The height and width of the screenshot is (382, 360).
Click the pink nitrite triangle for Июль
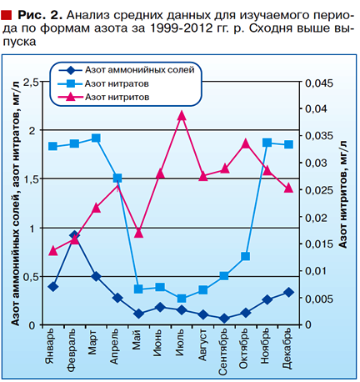[182, 115]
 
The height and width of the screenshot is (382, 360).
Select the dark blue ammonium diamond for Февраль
[74, 235]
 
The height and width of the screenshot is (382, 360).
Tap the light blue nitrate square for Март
[96, 138]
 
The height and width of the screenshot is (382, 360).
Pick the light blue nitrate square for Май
[138, 289]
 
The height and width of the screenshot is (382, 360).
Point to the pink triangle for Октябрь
[246, 143]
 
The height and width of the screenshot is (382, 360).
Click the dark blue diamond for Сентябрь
[224, 319]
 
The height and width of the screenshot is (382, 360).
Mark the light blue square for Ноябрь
[267, 143]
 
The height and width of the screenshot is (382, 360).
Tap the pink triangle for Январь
[53, 251]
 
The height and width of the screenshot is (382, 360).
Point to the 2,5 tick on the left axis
[31, 83]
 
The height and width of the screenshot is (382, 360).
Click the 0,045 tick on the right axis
[319, 83]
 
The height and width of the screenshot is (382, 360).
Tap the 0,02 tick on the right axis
[317, 218]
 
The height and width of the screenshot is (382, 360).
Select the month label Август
[202, 344]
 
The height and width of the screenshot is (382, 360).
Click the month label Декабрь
[287, 349]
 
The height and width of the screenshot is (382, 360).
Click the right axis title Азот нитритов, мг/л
[342, 194]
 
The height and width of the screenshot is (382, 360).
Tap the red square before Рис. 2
[7, 16]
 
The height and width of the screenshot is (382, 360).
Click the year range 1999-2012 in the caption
[182, 28]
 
